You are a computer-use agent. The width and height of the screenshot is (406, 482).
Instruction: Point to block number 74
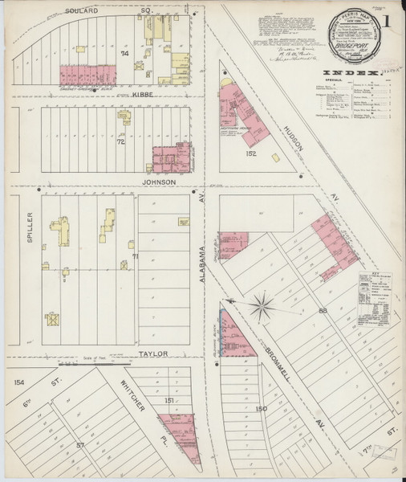click(x=124, y=53)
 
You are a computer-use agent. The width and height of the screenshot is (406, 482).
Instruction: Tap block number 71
click(x=135, y=256)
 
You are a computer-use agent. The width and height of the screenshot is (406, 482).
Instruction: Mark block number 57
click(x=80, y=443)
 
